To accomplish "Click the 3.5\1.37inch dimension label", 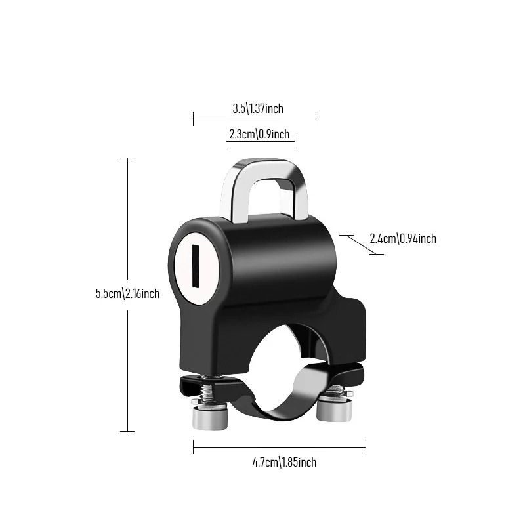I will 258,108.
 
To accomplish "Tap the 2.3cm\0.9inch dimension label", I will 259,135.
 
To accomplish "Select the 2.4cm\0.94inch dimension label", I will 403,238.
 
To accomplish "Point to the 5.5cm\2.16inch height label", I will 127,293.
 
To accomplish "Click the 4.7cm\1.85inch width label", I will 284,462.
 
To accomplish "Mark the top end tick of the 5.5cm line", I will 127,158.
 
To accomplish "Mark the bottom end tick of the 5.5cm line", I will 127,431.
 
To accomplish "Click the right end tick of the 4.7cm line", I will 366,448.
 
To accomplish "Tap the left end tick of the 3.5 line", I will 194,119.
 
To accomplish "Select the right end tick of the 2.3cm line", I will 295,139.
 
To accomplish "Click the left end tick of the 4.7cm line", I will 194,448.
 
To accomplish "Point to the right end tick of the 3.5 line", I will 316,119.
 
